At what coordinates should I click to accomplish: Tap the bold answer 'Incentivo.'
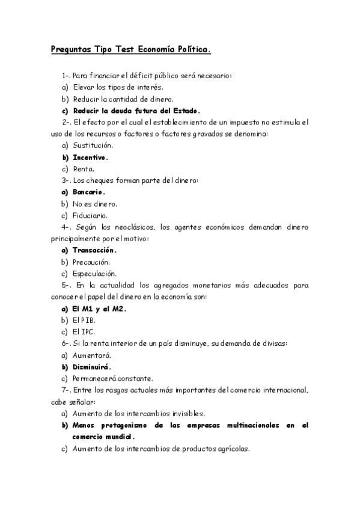click(x=90, y=158)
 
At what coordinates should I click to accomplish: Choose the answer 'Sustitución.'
click(x=93, y=146)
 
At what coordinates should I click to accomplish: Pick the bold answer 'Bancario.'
click(x=88, y=192)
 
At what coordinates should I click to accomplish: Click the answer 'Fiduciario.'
click(x=90, y=215)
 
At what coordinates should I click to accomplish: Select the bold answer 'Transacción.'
click(x=94, y=250)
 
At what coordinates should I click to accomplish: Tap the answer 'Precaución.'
click(x=91, y=262)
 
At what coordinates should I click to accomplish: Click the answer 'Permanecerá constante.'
click(x=112, y=378)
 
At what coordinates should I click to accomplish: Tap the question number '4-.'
click(x=67, y=227)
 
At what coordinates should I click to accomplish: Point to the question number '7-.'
click(x=67, y=390)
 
